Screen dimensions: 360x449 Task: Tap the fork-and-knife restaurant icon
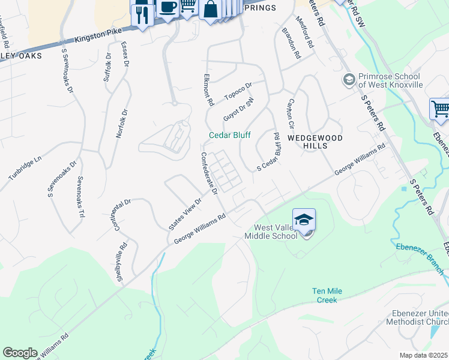[x=142, y=14]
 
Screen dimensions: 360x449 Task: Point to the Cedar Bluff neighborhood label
[x=229, y=135]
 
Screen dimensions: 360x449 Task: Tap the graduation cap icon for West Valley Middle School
[x=304, y=220]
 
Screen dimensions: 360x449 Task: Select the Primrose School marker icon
[x=349, y=79]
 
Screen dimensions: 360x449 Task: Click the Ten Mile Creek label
[x=327, y=295]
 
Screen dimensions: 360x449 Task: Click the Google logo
[x=20, y=353]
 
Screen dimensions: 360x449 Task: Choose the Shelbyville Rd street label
[x=122, y=262]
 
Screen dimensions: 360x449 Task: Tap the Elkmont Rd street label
[x=208, y=90]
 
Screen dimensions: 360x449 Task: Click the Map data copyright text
[x=423, y=355]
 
